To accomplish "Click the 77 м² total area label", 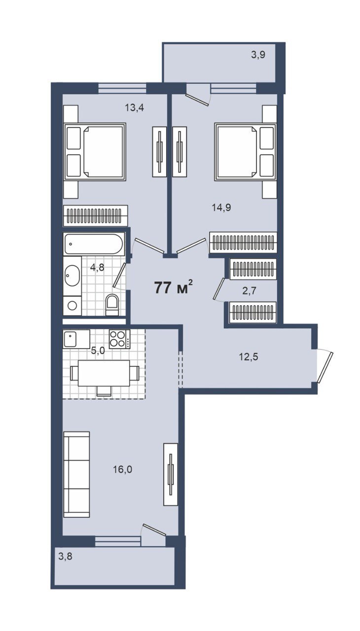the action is [x=174, y=288].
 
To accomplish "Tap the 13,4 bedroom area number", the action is [x=135, y=107].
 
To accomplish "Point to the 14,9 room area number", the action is [x=221, y=208].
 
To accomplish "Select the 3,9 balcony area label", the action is [x=258, y=55].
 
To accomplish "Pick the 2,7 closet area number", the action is [x=250, y=290].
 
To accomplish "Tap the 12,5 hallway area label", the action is [x=249, y=357].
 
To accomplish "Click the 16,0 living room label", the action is [x=122, y=469].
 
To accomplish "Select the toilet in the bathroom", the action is [x=112, y=305].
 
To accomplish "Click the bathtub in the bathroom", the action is [x=94, y=244].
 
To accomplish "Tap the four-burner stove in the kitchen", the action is [x=119, y=339].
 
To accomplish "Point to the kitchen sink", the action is [x=76, y=339].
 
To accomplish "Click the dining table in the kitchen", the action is [x=104, y=373].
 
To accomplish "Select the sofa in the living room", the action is [x=76, y=474].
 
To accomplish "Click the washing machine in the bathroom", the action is [x=72, y=306].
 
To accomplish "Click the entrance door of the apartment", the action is [x=325, y=366].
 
